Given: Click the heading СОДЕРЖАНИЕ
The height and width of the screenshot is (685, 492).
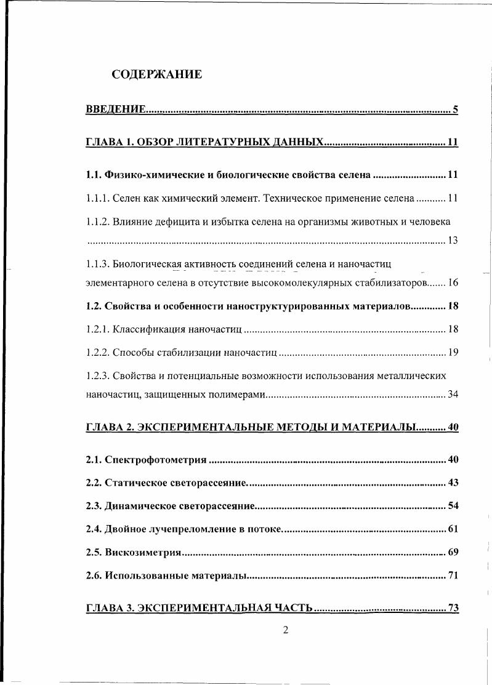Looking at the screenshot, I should click(156, 75).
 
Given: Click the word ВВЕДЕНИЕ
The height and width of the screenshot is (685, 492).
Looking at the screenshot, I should click(116, 110).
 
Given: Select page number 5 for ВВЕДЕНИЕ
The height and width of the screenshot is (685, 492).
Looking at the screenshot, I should click(455, 110).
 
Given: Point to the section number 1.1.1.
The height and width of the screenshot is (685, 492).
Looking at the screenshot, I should click(97, 198).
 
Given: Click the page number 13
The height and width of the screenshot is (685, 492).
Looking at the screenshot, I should click(453, 240).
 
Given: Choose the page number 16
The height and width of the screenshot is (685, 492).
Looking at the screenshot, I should click(453, 283).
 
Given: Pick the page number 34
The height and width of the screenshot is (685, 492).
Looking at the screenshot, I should click(453, 395).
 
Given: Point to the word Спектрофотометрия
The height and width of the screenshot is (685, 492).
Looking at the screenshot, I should click(156, 459).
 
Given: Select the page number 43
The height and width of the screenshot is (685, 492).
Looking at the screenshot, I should click(453, 483).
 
